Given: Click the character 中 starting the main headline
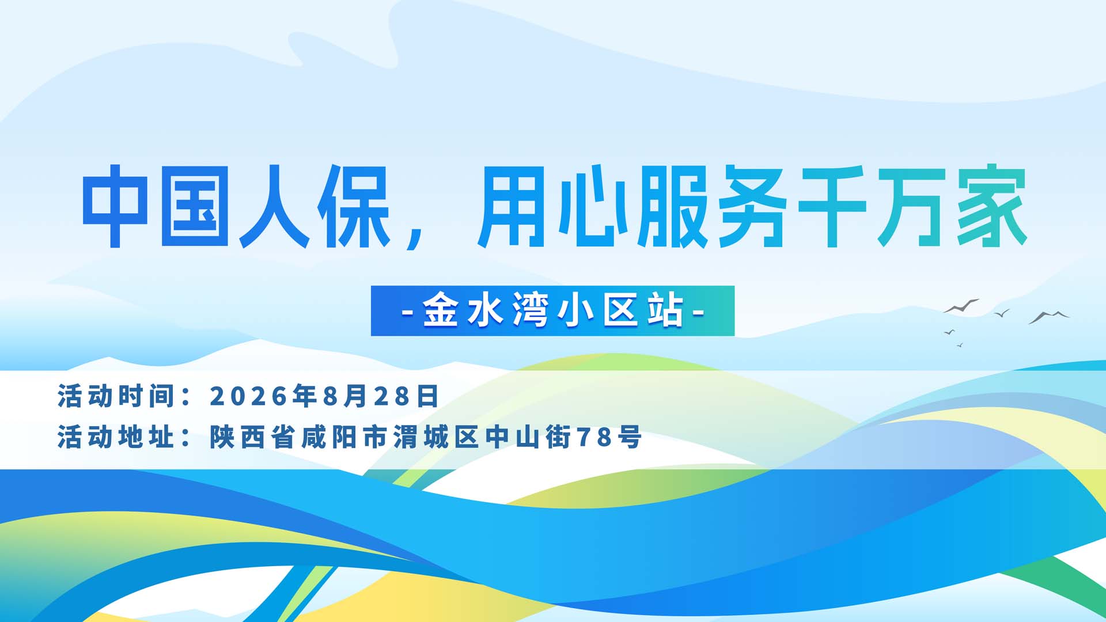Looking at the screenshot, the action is point(115,206).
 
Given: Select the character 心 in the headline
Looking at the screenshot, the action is point(593,206).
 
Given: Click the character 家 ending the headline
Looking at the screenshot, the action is point(992,206).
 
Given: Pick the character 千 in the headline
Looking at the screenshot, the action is point(832,206).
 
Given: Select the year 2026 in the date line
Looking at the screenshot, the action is point(248,396).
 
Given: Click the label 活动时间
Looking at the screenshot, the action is point(115,396).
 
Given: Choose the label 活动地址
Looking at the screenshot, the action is point(115,437).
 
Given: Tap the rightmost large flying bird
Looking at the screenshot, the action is point(1049,317).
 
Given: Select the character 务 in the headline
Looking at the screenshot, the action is point(752,206).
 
